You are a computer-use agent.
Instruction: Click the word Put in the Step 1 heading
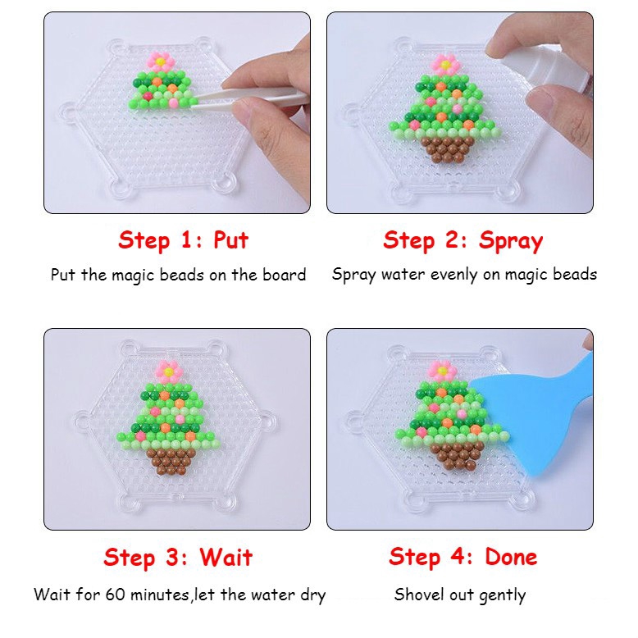pyautogui.click(x=230, y=240)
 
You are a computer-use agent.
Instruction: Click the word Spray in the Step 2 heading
pyautogui.click(x=511, y=241)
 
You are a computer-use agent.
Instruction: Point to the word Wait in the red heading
pyautogui.click(x=226, y=557)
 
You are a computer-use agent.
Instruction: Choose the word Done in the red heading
pyautogui.click(x=511, y=557)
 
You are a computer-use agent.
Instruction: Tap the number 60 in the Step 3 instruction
pyautogui.click(x=115, y=595)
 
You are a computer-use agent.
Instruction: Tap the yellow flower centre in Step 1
pyautogui.click(x=161, y=62)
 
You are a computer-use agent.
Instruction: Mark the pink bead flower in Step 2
pyautogui.click(x=444, y=64)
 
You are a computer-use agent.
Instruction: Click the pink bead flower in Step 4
pyautogui.click(x=442, y=371)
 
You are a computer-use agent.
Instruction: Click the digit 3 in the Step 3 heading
pyautogui.click(x=172, y=557)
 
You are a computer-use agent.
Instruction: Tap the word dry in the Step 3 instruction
pyautogui.click(x=313, y=595)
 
